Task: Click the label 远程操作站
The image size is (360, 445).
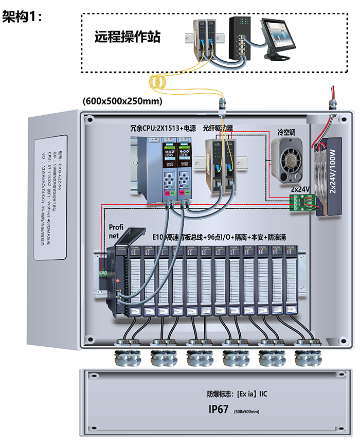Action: pyautogui.click(x=127, y=37)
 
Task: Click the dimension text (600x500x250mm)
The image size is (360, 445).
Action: pyautogui.click(x=122, y=101)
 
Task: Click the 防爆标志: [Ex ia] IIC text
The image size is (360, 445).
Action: pyautogui.click(x=237, y=394)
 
